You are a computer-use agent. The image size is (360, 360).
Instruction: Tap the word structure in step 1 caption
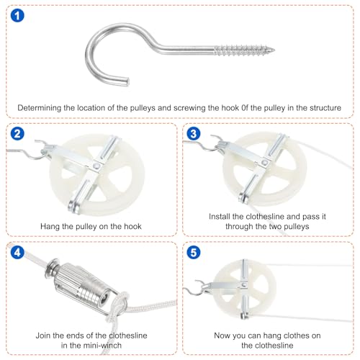[321, 107]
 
